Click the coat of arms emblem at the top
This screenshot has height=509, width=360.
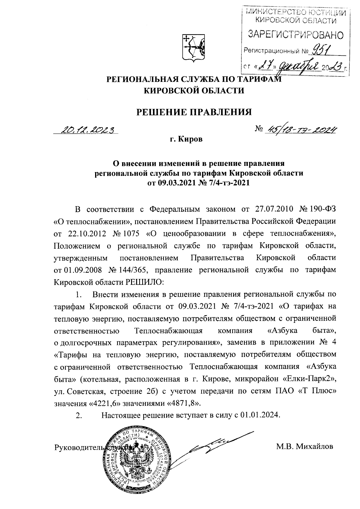coord(194,47)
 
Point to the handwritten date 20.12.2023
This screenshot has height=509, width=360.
coord(88,130)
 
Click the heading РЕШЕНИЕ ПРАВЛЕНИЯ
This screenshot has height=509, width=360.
coord(194,112)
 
